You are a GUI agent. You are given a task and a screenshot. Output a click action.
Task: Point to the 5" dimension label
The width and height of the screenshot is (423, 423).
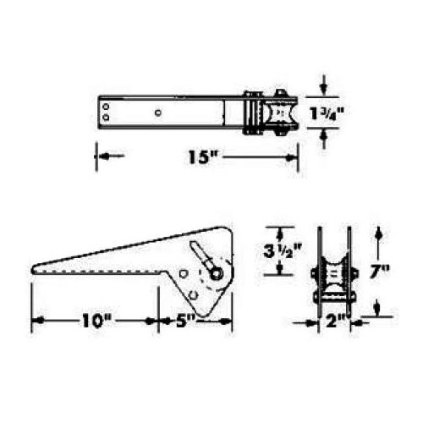(x=188, y=321)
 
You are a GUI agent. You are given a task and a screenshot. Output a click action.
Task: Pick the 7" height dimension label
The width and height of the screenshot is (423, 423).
(x=380, y=272)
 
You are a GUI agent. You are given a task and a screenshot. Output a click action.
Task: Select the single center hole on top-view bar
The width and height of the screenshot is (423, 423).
(x=160, y=111)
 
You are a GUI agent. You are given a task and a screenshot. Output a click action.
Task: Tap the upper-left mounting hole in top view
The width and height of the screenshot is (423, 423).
(x=106, y=106)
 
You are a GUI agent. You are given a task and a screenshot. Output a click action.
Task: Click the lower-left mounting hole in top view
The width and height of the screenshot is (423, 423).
(x=106, y=118)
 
